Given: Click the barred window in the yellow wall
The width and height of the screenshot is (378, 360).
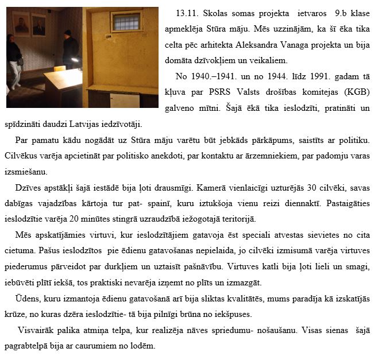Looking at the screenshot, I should tap(126, 22).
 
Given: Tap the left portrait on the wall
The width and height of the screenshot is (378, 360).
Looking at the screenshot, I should tap(21, 24).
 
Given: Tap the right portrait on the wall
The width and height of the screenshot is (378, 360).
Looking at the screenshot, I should tap(39, 26).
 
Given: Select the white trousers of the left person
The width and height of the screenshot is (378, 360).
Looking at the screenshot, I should tap(16, 75).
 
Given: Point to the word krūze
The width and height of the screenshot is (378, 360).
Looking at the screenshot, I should tap(18, 314).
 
